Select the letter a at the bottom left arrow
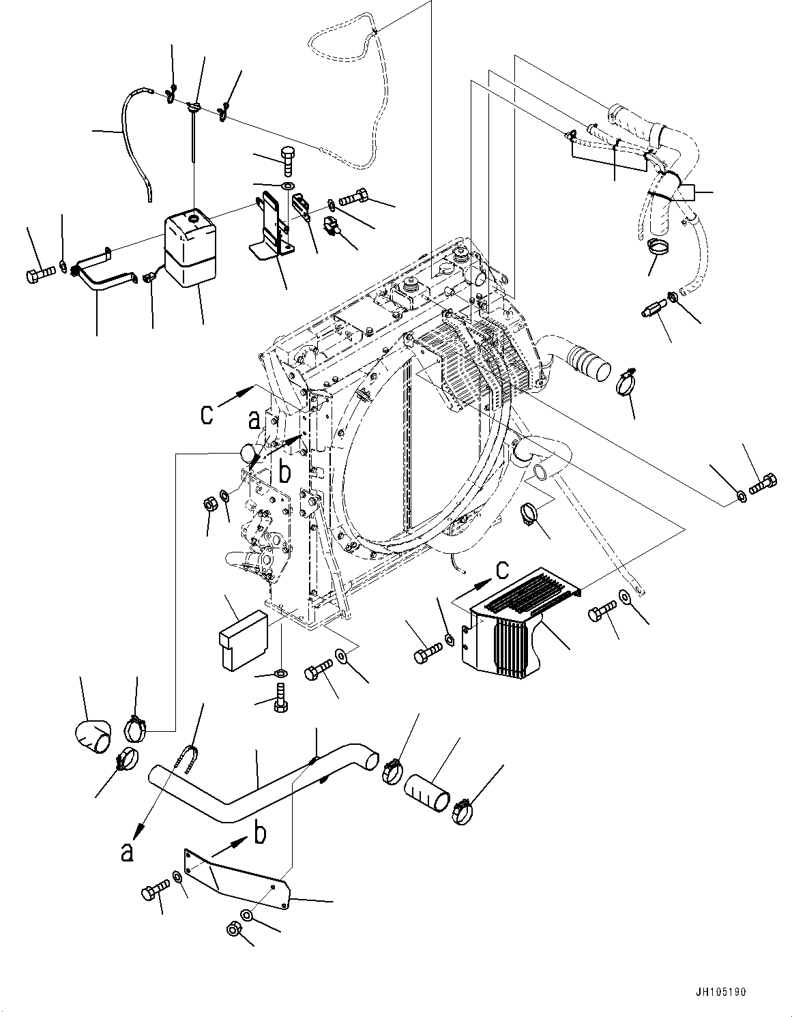coord(127,851)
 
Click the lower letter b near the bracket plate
coord(260,834)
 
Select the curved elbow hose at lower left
coord(92,738)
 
